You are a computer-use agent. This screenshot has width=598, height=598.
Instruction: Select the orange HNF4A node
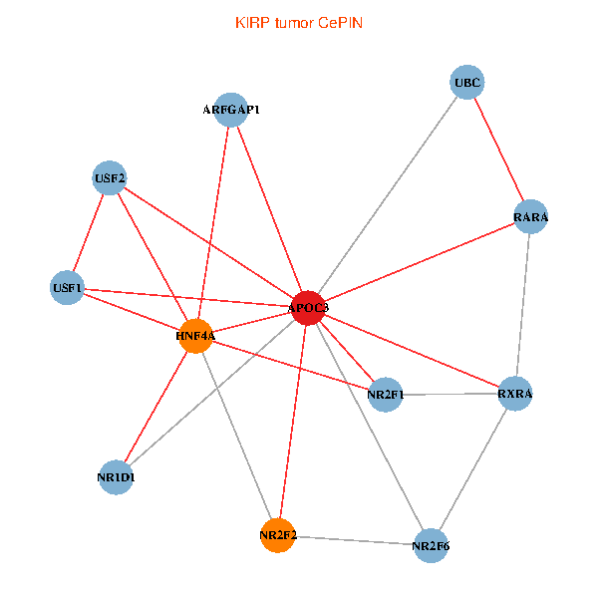tap(196, 336)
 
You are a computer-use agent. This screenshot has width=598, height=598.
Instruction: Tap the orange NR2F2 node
tap(277, 535)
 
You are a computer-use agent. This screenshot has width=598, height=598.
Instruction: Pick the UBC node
tap(467, 83)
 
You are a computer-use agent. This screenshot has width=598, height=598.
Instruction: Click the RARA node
tap(530, 217)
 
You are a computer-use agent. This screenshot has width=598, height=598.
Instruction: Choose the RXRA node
tap(515, 394)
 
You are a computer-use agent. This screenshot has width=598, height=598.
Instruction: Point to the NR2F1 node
tap(386, 396)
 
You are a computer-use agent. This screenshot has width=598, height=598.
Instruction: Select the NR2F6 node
tap(431, 545)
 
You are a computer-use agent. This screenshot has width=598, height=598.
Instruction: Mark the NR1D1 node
tap(117, 476)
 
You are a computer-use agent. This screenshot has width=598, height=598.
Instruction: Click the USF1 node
tap(67, 289)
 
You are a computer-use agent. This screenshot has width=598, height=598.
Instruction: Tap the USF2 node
tap(110, 178)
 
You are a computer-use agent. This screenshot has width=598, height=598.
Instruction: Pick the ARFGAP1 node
tap(231, 110)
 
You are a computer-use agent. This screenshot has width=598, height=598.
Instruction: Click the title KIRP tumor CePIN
tap(298, 22)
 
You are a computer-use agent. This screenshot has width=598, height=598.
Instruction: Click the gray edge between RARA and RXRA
tap(523, 305)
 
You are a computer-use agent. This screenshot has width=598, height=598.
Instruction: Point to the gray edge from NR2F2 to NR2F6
tap(354, 540)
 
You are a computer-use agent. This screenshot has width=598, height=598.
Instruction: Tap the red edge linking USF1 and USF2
tap(88, 234)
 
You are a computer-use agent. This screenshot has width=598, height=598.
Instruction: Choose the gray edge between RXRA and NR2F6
tap(473, 468)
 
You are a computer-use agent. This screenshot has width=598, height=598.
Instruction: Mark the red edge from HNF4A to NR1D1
tap(156, 406)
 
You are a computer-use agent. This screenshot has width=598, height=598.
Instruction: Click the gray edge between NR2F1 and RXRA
tap(450, 395)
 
